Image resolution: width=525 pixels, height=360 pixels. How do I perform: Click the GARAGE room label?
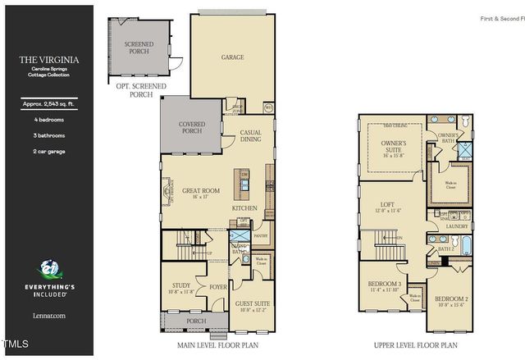[x=232, y=57]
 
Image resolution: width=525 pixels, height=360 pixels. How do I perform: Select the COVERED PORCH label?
[x=191, y=127]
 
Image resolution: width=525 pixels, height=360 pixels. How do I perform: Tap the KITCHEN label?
[x=244, y=208]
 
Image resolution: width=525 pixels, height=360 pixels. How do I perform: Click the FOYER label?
[x=217, y=287]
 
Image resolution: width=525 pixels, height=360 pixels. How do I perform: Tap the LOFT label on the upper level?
[x=388, y=205]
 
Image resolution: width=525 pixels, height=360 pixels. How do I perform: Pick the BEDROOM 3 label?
[x=384, y=284]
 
